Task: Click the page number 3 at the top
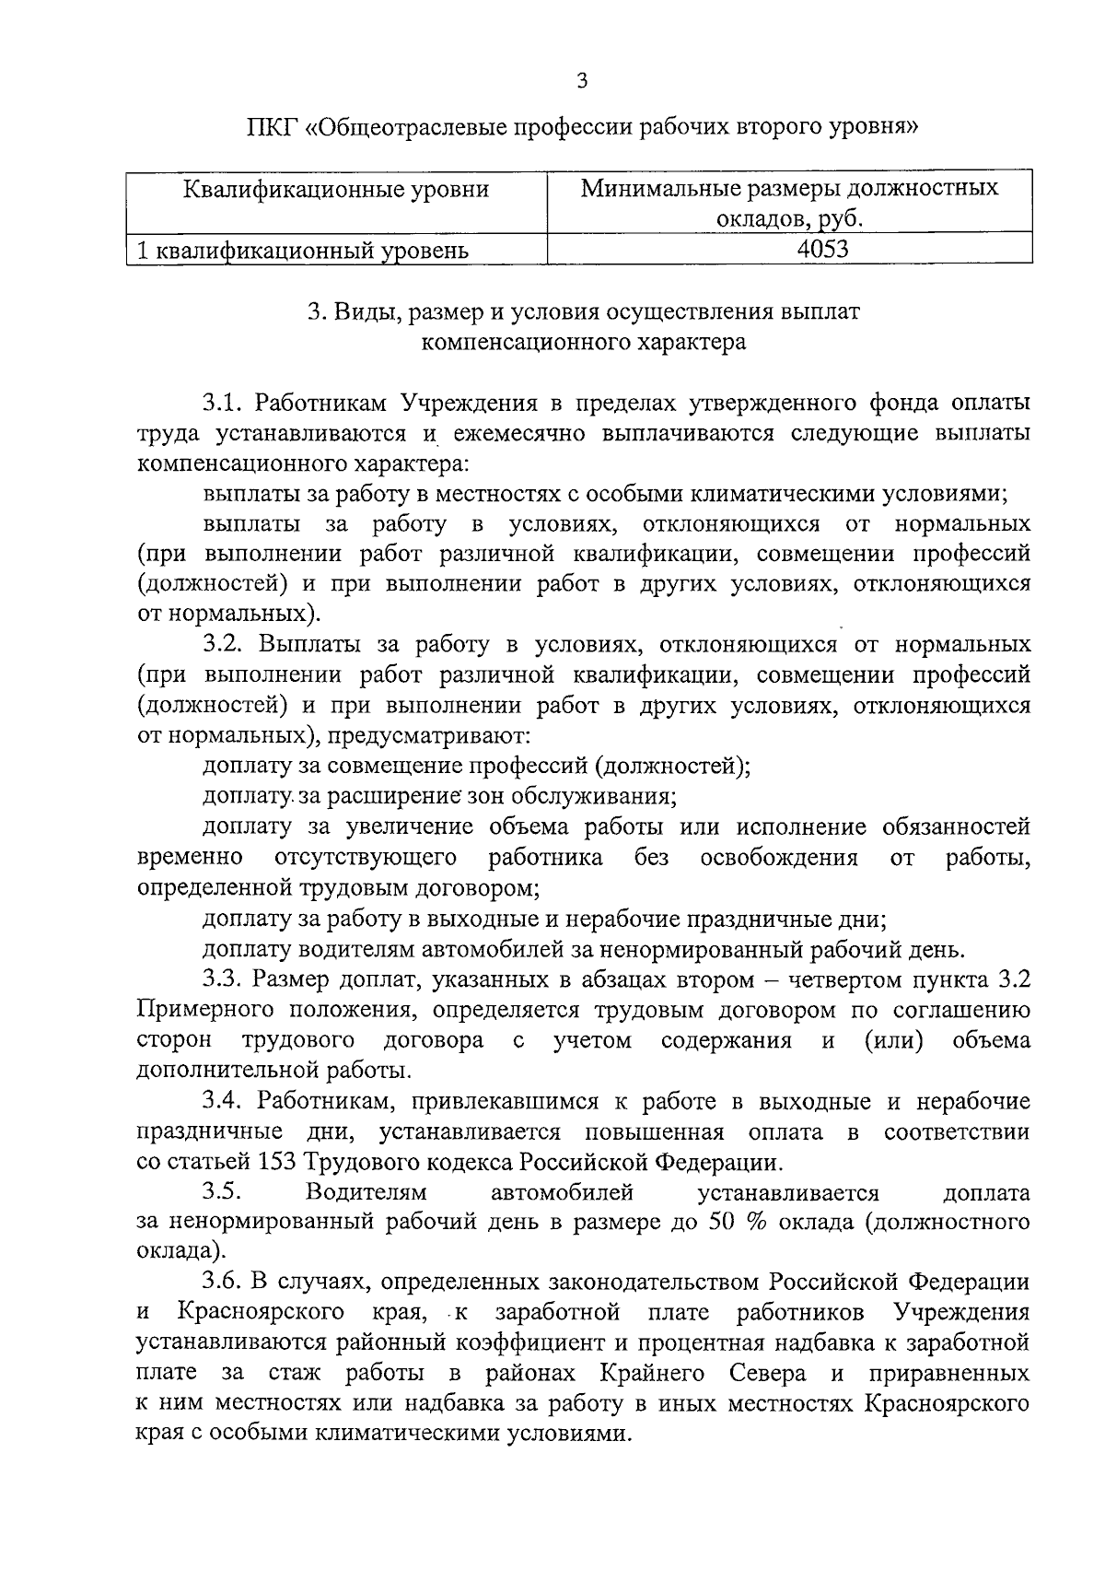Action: (x=581, y=81)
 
